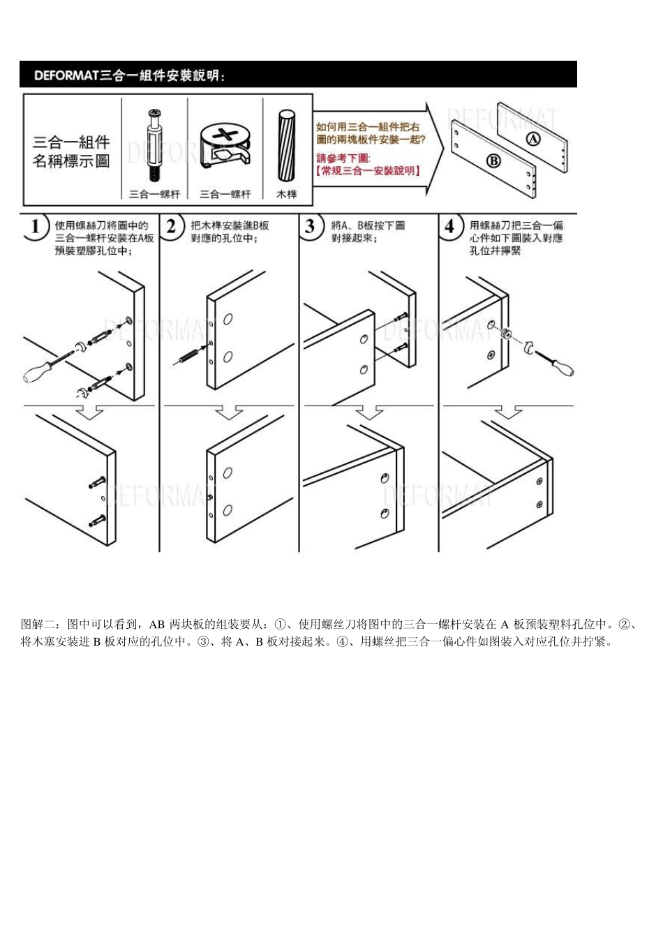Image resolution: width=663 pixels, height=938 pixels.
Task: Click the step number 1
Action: point(36,228)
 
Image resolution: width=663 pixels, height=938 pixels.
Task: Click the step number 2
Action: point(172,228)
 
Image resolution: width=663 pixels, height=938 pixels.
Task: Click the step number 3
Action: point(311,228)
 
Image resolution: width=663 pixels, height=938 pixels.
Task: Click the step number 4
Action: point(450,228)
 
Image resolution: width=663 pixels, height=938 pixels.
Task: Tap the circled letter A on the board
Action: point(532,139)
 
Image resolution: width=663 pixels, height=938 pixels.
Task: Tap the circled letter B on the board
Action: point(493,161)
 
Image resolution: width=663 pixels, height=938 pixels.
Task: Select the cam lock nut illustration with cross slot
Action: point(225,145)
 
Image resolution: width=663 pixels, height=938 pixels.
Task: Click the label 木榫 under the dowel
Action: point(286,194)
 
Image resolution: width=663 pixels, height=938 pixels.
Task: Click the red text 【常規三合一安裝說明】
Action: point(368,171)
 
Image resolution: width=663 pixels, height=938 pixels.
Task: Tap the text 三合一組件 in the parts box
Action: point(71,143)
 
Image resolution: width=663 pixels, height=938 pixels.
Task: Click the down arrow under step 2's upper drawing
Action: point(229,412)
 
